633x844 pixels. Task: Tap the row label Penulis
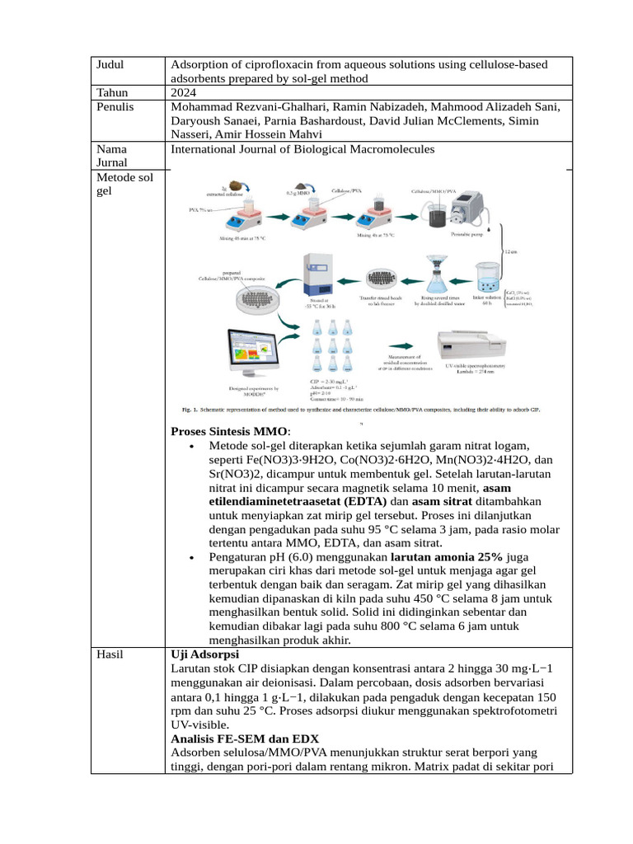(x=115, y=106)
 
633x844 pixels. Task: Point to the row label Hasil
(x=110, y=654)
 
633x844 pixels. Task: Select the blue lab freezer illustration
(x=319, y=273)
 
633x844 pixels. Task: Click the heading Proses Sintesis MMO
(x=228, y=431)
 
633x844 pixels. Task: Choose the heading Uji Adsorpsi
(x=204, y=654)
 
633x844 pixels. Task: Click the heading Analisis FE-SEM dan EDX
(x=243, y=738)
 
